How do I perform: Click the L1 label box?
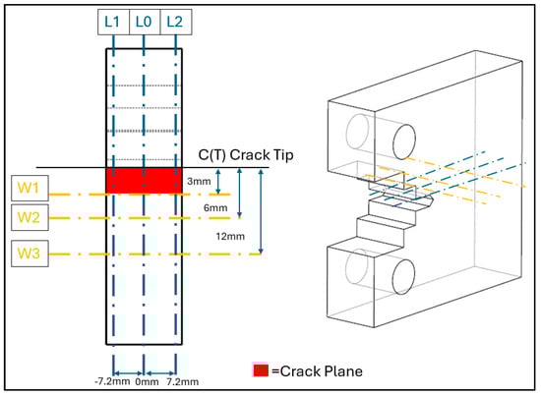[113, 22]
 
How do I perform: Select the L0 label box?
[145, 22]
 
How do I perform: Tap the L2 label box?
[176, 22]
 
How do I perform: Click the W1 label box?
[30, 189]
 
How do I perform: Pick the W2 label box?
[30, 217]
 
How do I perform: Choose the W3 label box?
[30, 254]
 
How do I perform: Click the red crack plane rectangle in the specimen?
[144, 181]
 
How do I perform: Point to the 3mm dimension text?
[199, 181]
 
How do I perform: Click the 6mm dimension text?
[215, 207]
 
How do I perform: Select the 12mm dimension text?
[230, 237]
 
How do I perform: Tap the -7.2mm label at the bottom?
[112, 381]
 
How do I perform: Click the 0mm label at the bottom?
[147, 382]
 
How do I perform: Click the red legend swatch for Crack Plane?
[261, 370]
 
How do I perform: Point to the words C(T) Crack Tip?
[246, 155]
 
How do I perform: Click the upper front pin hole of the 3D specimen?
[404, 141]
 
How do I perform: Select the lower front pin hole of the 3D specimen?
[403, 277]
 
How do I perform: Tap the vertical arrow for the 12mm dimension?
[261, 211]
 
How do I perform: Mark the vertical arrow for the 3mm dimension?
[217, 182]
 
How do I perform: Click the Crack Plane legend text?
[317, 371]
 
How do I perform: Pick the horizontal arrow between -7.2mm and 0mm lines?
[128, 373]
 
